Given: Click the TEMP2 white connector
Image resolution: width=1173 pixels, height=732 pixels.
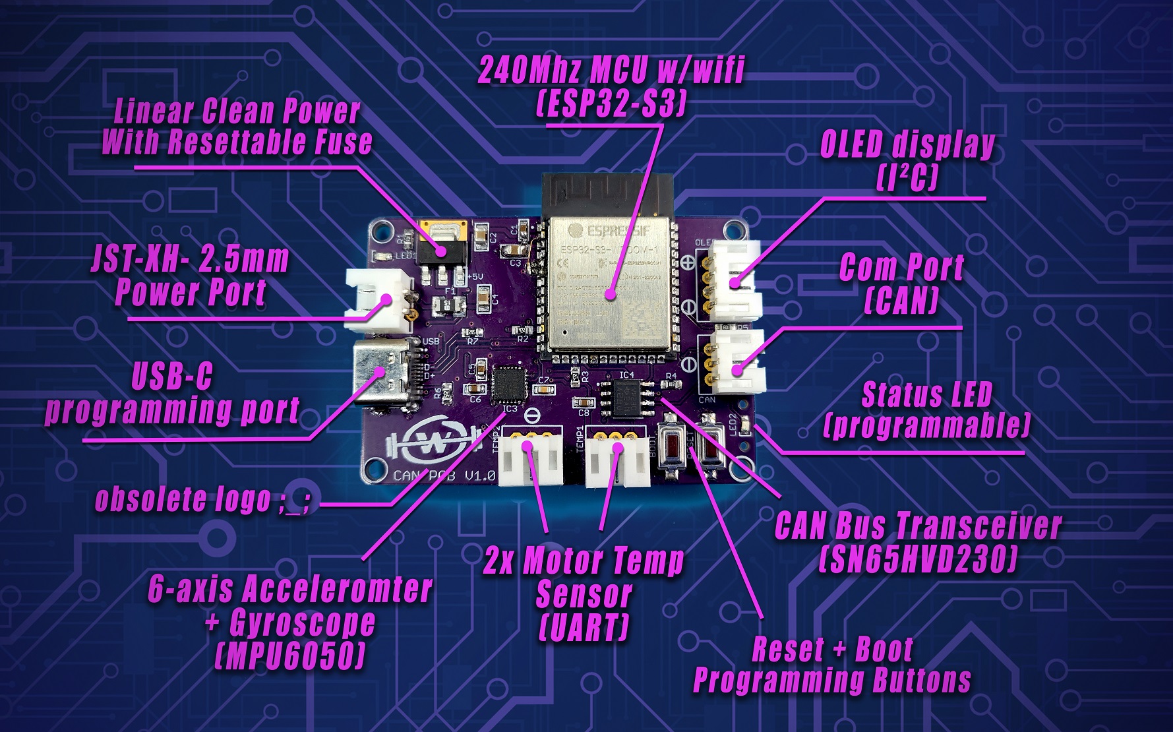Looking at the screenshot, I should coord(532,462).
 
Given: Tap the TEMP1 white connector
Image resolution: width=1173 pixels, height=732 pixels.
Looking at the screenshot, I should coord(615,462).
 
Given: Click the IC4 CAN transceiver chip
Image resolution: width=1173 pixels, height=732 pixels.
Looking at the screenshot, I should coord(626,400).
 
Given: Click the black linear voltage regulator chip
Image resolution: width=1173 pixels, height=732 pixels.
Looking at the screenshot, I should coord(442,250).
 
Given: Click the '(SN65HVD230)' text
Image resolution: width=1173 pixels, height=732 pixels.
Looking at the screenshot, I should coord(917,560).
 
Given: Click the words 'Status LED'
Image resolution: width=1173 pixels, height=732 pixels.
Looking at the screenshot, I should coord(926,395).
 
